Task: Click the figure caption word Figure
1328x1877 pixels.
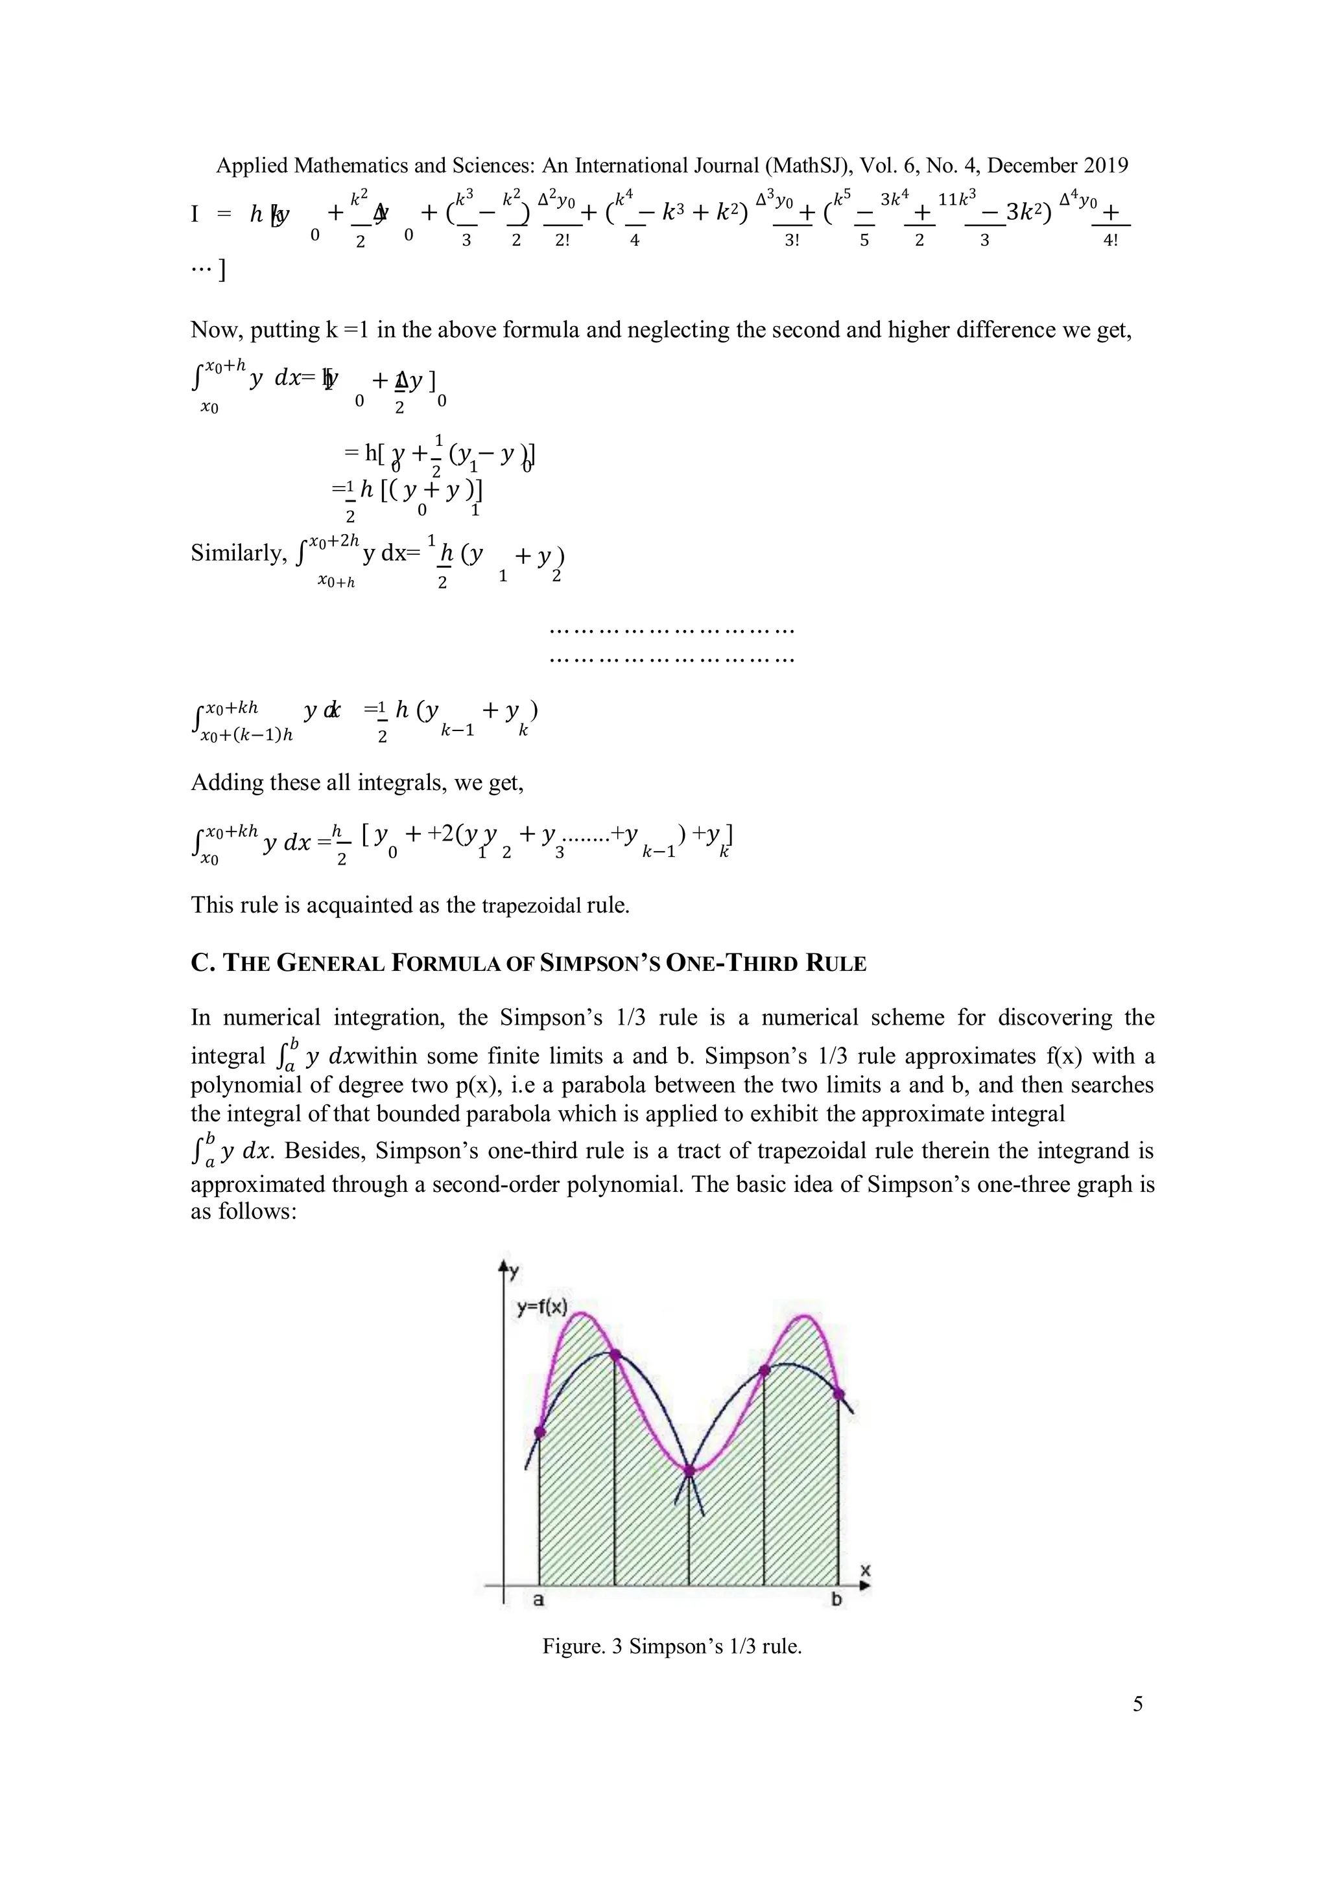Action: coord(573,1646)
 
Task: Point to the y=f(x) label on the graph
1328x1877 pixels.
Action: coord(541,1307)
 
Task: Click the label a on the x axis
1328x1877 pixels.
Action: coord(538,1600)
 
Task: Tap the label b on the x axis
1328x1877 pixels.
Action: coord(836,1600)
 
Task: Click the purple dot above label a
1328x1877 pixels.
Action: coord(539,1432)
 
